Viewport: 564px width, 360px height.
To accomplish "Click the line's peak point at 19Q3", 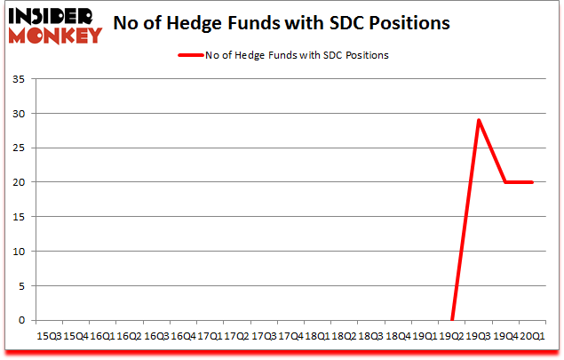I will [479, 120].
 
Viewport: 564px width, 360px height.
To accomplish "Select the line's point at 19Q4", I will [505, 182].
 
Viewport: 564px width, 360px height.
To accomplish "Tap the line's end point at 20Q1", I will [533, 182].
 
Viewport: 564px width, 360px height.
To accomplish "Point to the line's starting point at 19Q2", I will [452, 320].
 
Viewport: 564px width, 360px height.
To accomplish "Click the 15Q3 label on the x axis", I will [48, 337].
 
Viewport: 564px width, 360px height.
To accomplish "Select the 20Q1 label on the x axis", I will [534, 337].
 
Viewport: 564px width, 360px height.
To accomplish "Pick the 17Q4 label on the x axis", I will [290, 337].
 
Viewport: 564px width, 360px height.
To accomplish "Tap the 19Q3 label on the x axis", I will [480, 337].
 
